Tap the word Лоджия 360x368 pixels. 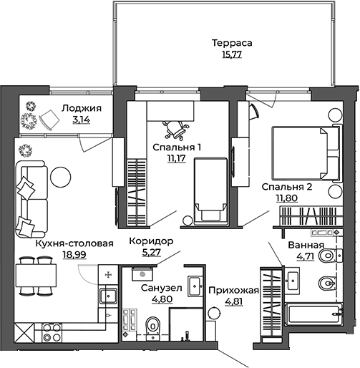[x=81, y=109]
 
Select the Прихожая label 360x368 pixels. [x=233, y=290]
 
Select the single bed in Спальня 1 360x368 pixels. [x=209, y=193]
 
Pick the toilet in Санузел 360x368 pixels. [x=151, y=328]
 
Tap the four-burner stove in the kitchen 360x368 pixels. [x=52, y=331]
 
